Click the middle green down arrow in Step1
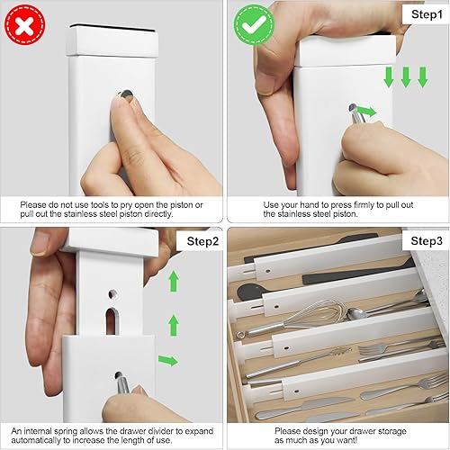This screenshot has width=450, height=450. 406,77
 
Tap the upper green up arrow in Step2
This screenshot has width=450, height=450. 174,281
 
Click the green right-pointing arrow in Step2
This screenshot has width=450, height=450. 167,361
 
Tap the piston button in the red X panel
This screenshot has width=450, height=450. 123,93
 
